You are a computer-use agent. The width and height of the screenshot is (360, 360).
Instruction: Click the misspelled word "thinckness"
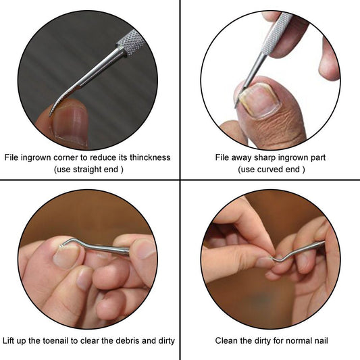(x=150, y=157)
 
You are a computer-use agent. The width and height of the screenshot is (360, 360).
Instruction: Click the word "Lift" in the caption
(x=8, y=340)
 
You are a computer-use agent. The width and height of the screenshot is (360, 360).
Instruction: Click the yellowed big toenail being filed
(x=259, y=101)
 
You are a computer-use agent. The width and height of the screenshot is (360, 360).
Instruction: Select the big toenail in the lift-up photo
(x=67, y=257)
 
